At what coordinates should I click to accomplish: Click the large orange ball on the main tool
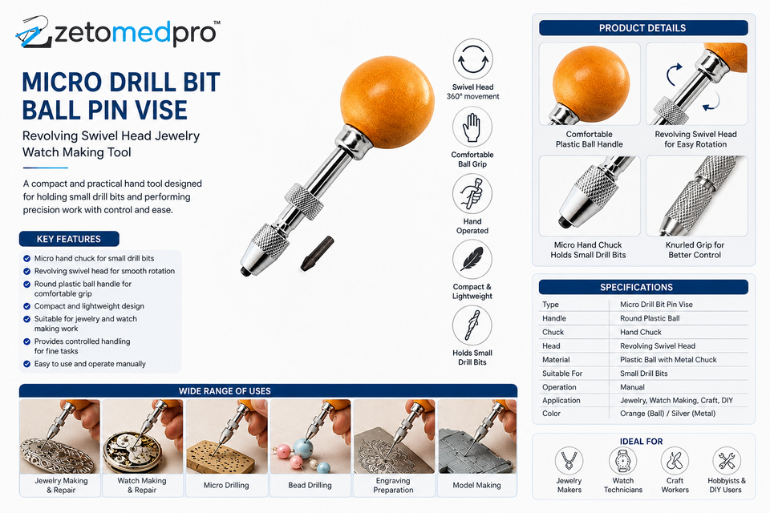(387, 102)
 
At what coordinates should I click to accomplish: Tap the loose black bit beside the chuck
(318, 253)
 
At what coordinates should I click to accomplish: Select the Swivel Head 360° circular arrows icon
(472, 59)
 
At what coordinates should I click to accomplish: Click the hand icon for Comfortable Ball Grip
(472, 127)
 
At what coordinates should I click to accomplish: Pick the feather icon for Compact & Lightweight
(472, 259)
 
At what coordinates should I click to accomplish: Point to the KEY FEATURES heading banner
(69, 239)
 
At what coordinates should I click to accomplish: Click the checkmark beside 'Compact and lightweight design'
(27, 306)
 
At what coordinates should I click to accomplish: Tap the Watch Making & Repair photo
(143, 436)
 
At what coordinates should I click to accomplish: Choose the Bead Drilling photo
(310, 436)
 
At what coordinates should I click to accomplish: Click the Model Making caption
(476, 485)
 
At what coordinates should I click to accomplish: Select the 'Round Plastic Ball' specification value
(650, 318)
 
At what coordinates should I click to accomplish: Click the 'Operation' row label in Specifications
(559, 387)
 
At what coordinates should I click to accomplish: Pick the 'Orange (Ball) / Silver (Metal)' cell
(668, 414)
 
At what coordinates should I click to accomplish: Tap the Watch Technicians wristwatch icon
(622, 461)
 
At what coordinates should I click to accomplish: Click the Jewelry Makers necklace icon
(569, 461)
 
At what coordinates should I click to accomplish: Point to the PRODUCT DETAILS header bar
(643, 28)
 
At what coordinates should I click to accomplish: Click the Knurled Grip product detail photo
(697, 196)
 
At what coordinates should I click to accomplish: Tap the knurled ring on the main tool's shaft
(304, 200)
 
